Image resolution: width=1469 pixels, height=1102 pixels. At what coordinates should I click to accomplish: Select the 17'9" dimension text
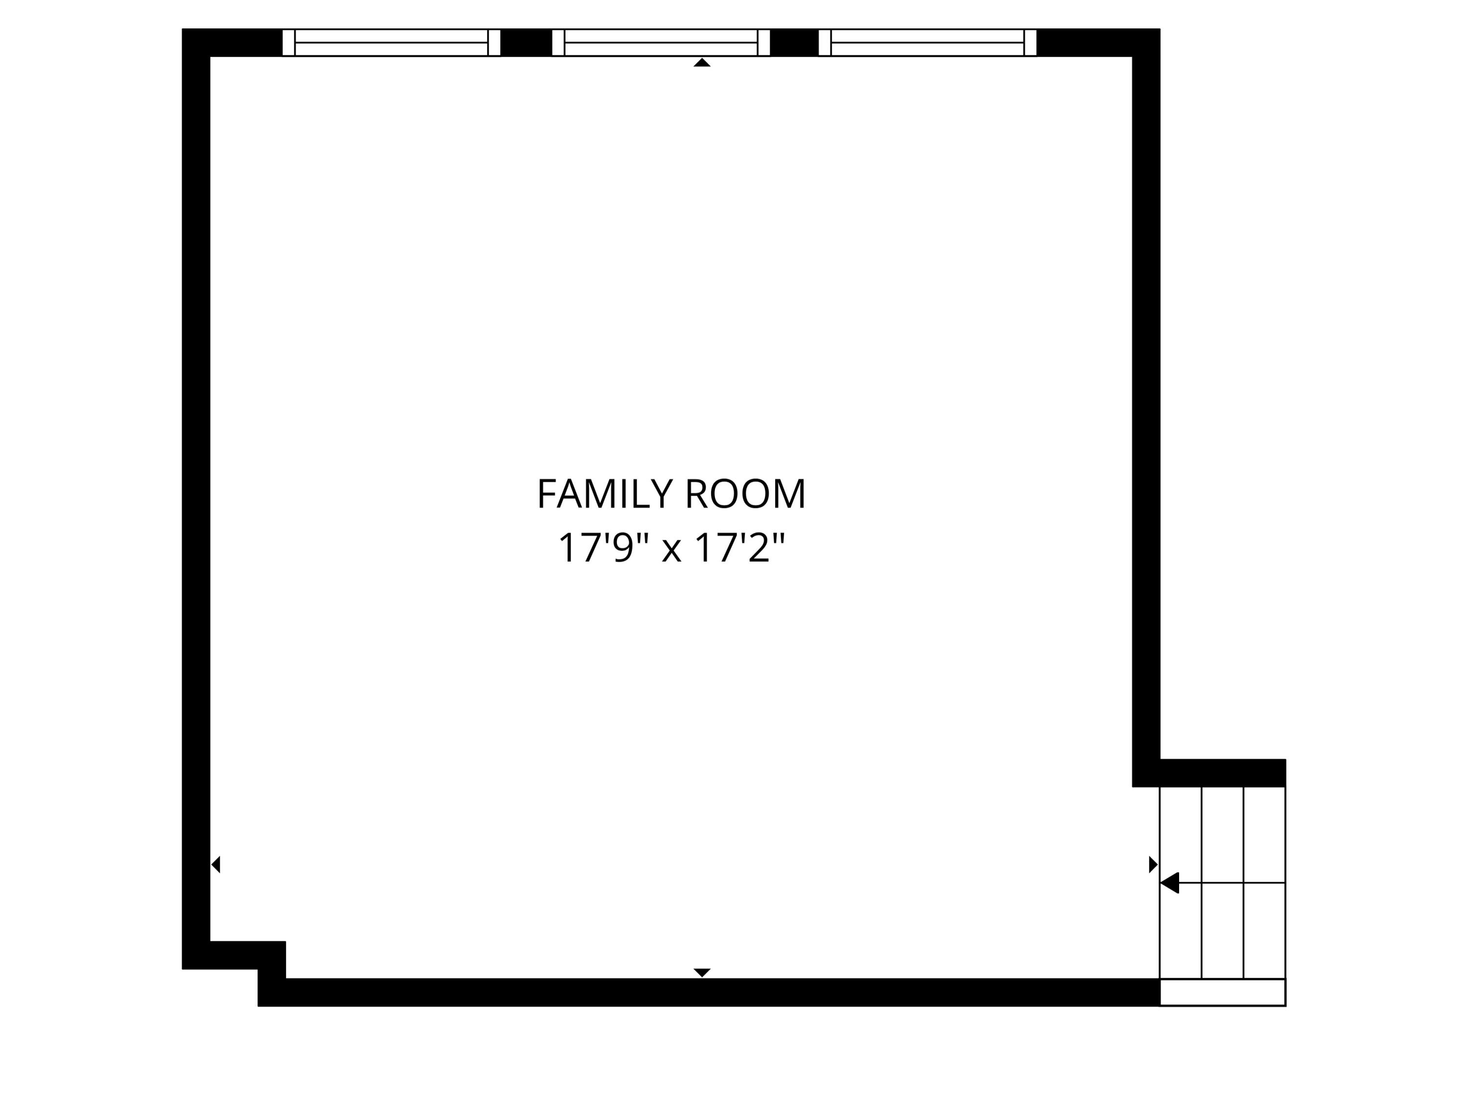point(602,548)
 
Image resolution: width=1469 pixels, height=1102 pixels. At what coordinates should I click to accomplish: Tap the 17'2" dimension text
point(739,548)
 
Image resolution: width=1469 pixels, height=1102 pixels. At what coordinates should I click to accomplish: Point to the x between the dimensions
point(671,550)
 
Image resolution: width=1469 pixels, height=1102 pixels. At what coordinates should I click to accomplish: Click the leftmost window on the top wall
point(391,43)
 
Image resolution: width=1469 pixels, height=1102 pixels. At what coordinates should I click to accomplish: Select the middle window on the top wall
point(661,43)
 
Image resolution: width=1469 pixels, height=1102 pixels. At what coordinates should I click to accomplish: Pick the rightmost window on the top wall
point(927,43)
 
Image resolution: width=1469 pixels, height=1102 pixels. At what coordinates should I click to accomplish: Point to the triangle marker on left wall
point(216,864)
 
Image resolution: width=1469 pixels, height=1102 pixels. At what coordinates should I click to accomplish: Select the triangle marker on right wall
point(1153,864)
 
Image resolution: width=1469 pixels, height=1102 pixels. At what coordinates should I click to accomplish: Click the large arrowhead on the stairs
point(1170,883)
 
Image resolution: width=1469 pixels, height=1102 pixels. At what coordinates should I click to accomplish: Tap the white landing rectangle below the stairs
point(1222,992)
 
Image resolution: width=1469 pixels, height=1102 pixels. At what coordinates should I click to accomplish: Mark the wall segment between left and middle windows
point(526,43)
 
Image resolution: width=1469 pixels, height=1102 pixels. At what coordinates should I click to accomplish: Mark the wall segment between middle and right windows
point(794,43)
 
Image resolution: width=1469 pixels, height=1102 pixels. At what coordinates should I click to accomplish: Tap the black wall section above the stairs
point(1222,773)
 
